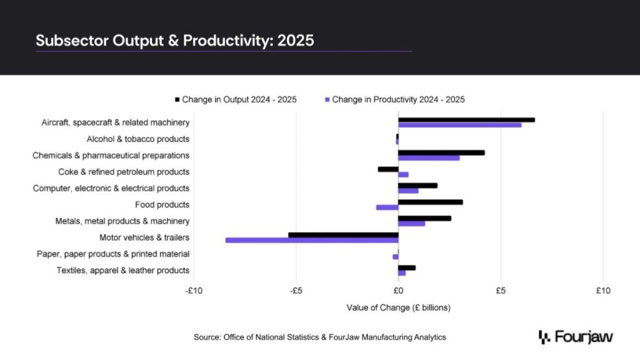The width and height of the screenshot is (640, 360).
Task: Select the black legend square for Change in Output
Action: (x=177, y=99)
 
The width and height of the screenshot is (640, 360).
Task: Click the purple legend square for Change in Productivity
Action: (x=327, y=99)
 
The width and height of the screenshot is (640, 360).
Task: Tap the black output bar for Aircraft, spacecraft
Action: (x=466, y=119)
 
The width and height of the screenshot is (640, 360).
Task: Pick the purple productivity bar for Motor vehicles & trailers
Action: (x=312, y=240)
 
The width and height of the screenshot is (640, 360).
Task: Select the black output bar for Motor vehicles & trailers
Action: (x=343, y=235)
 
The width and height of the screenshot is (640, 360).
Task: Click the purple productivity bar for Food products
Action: (x=387, y=207)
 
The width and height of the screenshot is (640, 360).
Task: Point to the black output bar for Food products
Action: (x=431, y=202)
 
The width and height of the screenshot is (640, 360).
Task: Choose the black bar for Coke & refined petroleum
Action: (x=388, y=169)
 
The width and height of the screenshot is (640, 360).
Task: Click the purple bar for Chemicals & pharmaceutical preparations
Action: (x=429, y=157)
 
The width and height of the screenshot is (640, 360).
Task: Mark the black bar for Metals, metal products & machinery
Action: (x=424, y=218)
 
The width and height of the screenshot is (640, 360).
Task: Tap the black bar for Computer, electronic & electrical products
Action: (x=417, y=186)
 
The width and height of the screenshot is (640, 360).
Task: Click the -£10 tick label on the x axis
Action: (x=194, y=291)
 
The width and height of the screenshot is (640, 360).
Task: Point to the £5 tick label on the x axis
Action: (x=501, y=291)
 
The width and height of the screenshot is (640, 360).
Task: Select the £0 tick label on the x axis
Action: (x=398, y=291)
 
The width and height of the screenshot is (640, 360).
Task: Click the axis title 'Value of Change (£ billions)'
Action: (x=398, y=307)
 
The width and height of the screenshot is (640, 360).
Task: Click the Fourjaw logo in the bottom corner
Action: (x=576, y=337)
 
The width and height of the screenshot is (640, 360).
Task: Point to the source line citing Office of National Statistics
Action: (x=320, y=337)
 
